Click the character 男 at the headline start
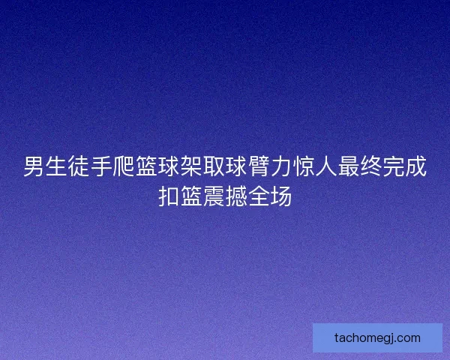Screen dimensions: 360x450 pos(34,166)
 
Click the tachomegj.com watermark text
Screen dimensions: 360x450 pos(377,337)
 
